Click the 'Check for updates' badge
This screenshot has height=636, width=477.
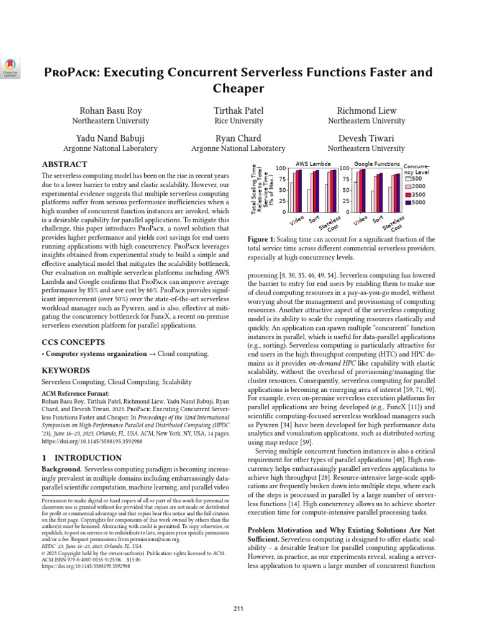[x=12, y=68]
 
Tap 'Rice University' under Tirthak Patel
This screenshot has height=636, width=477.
[x=239, y=121]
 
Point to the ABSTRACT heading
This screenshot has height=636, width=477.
[x=64, y=165]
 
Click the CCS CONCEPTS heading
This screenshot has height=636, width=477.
[x=73, y=342]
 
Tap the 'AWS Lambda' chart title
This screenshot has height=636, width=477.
[x=312, y=164]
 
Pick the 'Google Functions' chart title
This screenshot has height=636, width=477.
[x=376, y=164]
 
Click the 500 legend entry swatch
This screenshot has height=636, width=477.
[x=409, y=179]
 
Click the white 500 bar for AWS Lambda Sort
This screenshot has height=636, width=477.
[x=309, y=200]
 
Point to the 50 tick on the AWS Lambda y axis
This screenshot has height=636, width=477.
[x=283, y=189]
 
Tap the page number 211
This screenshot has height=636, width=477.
[x=238, y=607]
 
